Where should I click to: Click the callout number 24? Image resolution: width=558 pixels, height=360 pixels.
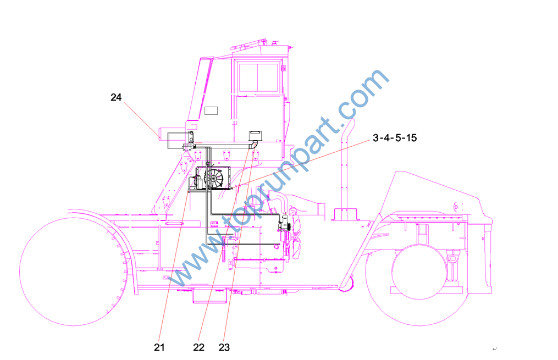click(x=116, y=97)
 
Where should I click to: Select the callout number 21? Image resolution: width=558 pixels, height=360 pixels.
click(x=159, y=347)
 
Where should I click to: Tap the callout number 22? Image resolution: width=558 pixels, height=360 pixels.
click(x=198, y=347)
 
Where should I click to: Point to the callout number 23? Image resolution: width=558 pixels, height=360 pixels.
click(x=224, y=347)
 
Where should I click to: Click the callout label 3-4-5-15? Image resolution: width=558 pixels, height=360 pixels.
click(x=395, y=137)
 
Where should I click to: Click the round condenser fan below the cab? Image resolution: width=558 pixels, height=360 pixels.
click(x=213, y=178)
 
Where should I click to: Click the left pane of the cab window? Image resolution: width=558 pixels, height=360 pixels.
click(x=248, y=77)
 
